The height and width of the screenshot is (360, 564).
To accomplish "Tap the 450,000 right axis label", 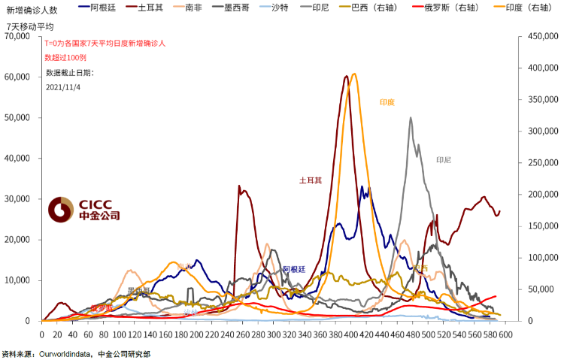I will [541, 36].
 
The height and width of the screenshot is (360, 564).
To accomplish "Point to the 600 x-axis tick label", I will [505, 334].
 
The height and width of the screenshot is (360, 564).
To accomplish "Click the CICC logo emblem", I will [59, 211].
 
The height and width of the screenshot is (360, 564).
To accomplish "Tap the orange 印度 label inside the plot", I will [387, 102].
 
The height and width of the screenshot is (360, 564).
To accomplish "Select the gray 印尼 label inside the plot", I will [443, 160].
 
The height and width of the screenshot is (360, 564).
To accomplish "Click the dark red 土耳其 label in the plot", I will [311, 180].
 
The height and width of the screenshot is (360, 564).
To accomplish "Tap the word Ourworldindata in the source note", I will [71, 353].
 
